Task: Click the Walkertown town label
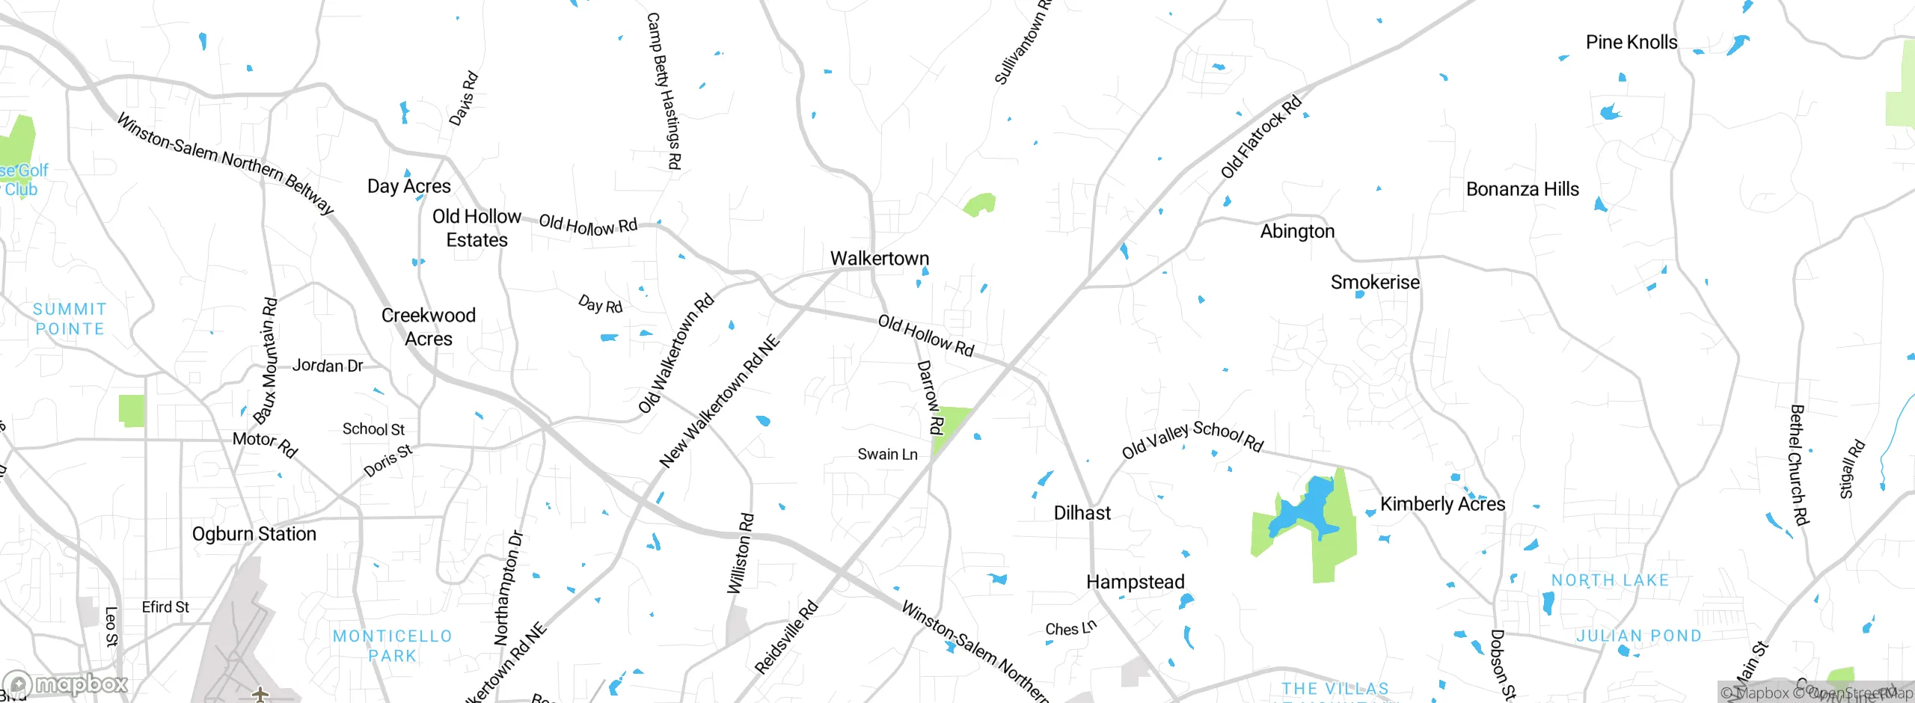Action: point(880,258)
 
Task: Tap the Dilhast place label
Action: point(1082,513)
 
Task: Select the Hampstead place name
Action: point(1135,582)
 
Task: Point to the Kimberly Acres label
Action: point(1442,504)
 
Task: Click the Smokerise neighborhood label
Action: point(1375,282)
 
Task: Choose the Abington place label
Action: point(1297,231)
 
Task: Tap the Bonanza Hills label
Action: point(1522,189)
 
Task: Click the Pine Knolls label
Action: point(1631,42)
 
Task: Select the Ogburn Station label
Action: point(254,534)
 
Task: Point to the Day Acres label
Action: point(409,186)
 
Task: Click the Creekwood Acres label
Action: point(429,327)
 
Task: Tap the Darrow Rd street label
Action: point(930,397)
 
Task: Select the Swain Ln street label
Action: point(887,454)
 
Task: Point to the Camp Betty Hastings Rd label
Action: point(664,90)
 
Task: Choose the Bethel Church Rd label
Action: point(1799,464)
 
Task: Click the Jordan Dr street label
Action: point(327,366)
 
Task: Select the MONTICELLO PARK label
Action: point(393,645)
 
